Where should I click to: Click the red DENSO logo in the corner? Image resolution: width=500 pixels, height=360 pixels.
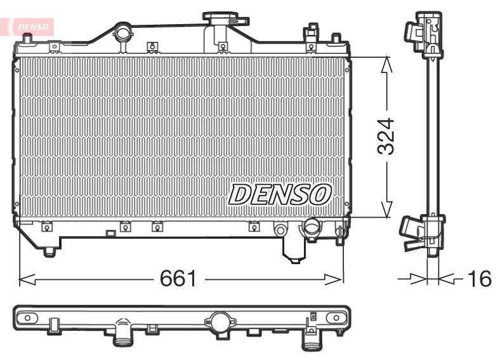[30, 26]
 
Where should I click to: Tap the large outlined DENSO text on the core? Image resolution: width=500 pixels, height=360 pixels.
[280, 194]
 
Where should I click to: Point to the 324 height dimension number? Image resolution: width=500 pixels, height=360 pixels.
[386, 136]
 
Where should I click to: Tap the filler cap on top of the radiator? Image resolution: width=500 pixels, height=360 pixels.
[223, 17]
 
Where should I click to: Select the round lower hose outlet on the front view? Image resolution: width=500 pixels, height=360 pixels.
[312, 227]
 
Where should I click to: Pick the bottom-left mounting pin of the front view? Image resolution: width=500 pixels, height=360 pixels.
[49, 252]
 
